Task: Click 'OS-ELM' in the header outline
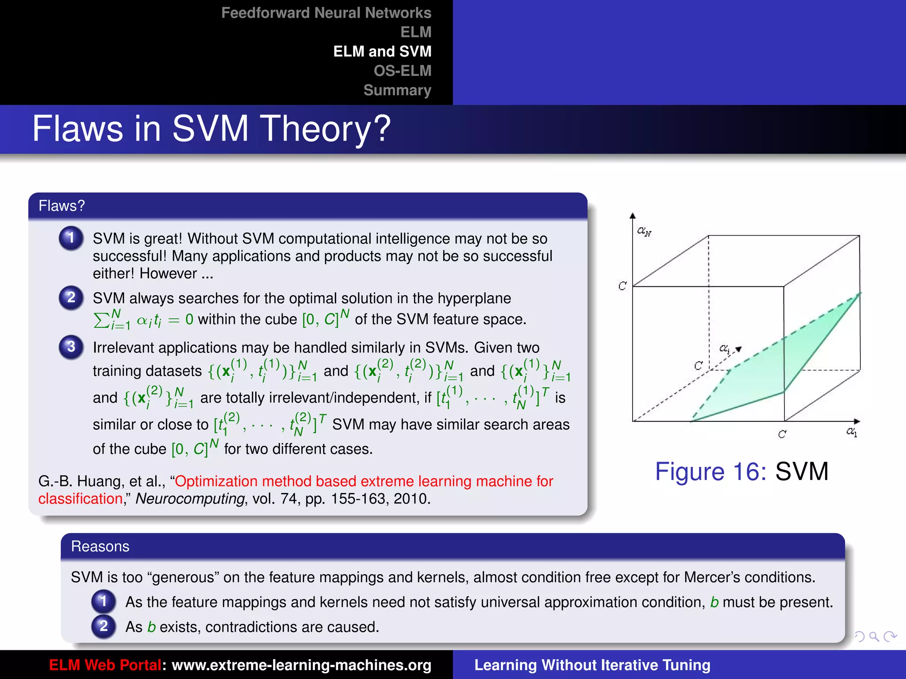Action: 402,71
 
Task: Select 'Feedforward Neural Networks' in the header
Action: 326,13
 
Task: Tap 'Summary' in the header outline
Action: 397,90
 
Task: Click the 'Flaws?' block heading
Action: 61,206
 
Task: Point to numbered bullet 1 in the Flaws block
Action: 71,238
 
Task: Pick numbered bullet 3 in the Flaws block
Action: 71,347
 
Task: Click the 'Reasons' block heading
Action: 100,547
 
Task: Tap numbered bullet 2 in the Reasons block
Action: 104,626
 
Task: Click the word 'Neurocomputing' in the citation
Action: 190,499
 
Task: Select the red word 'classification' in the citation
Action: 80,499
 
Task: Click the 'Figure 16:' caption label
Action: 710,471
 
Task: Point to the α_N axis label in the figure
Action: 644,231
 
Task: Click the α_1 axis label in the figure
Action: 852,431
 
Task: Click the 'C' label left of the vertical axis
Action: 622,286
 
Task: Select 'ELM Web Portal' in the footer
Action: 105,665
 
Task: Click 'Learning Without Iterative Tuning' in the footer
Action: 592,665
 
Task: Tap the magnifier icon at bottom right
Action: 874,637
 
